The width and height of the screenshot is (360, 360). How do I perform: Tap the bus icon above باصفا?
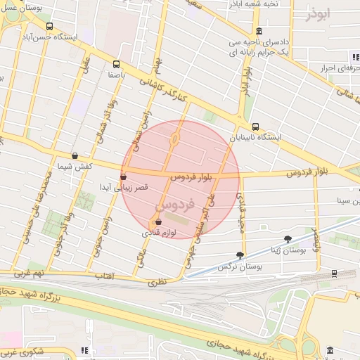pyautogui.click(x=117, y=63)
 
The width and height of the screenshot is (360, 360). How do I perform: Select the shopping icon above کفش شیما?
pyautogui.click(x=75, y=156)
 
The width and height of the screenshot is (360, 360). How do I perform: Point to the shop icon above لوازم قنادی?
pyautogui.click(x=157, y=221)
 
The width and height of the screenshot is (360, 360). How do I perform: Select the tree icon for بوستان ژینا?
pyautogui.click(x=288, y=239)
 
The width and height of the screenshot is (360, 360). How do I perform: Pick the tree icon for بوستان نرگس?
pyautogui.click(x=240, y=255)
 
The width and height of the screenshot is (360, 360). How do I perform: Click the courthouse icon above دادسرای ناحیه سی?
pyautogui.click(x=259, y=30)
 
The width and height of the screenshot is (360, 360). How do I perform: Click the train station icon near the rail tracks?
pyautogui.click(x=333, y=274)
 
